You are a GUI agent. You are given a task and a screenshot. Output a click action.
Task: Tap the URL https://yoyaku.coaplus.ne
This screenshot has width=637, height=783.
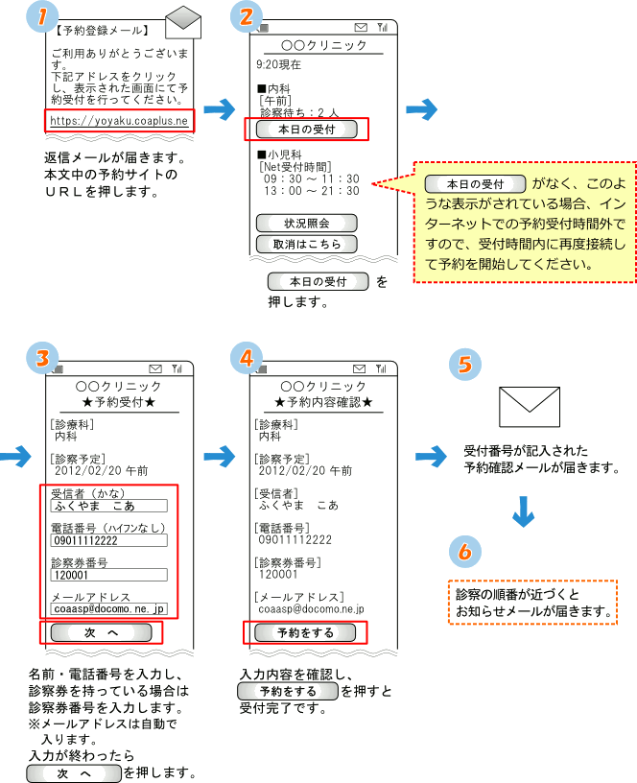tap(119, 120)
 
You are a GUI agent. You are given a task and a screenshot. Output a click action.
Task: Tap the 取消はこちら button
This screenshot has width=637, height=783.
tap(307, 244)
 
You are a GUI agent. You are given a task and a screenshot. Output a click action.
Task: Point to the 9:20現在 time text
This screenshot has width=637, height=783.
tap(279, 64)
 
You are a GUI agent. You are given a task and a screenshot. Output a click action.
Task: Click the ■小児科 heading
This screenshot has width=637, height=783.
tap(279, 153)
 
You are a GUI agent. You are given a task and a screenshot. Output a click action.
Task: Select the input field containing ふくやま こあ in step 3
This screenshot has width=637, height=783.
tap(108, 506)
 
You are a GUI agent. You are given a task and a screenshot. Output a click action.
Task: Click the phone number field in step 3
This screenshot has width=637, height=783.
tap(108, 540)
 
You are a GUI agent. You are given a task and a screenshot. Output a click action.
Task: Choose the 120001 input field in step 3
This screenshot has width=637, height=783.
tap(108, 575)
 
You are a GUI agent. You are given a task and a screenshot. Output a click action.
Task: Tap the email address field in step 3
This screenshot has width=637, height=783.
tap(108, 608)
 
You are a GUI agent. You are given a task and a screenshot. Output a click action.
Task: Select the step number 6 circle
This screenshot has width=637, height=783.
tap(464, 552)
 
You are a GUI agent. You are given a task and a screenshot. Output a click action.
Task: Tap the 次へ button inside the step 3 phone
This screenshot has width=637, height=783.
tap(100, 633)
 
